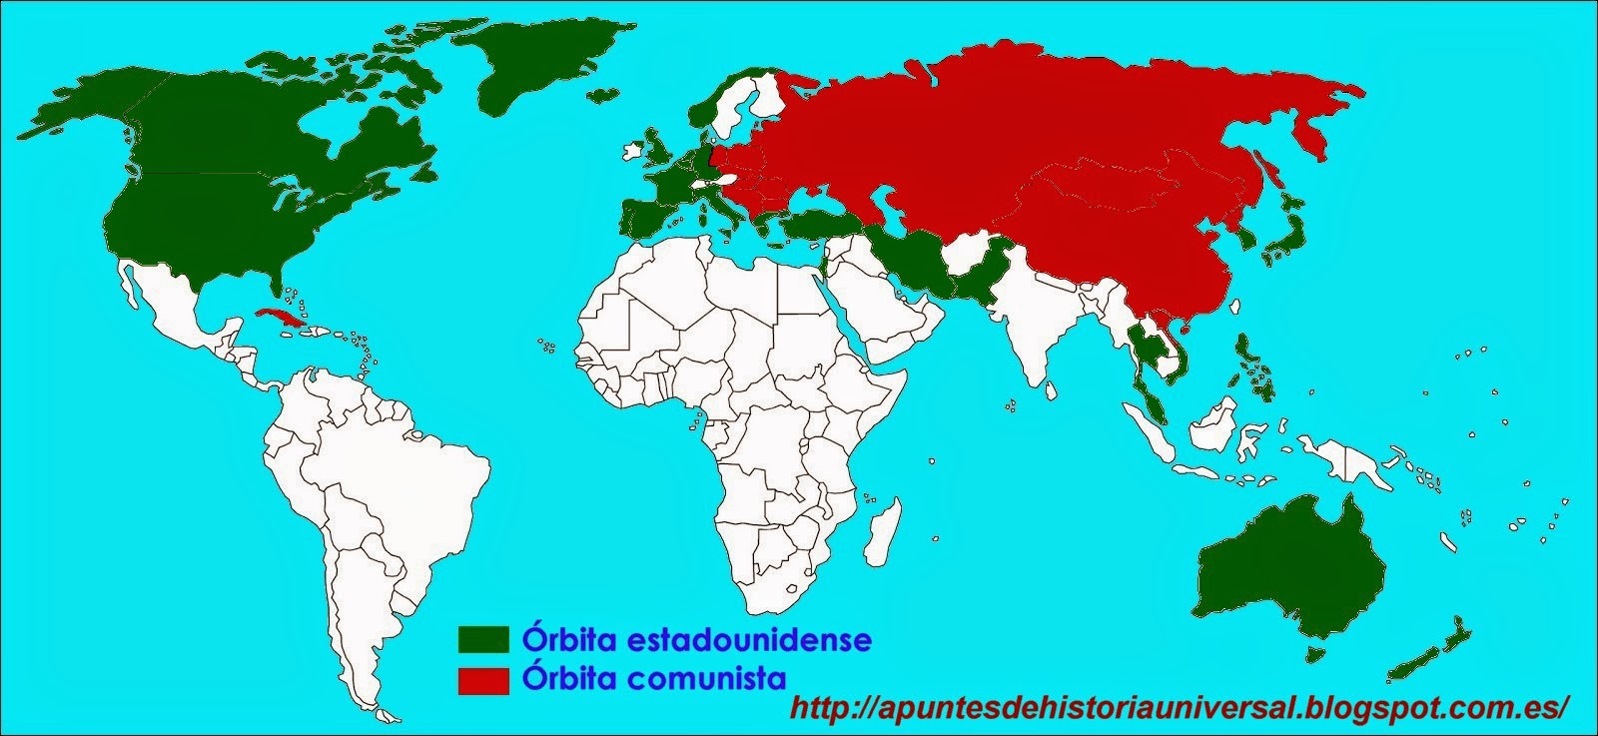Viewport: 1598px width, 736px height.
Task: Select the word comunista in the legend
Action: coord(709,679)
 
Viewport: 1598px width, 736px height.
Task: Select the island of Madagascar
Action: coord(880,535)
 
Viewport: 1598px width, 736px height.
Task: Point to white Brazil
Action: coord(399,469)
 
